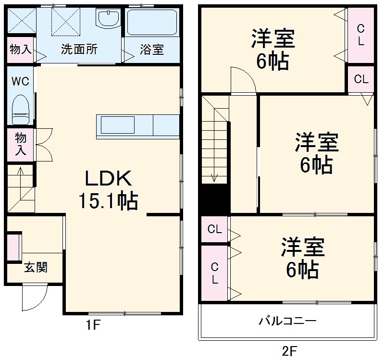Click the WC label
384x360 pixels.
coord(20,81)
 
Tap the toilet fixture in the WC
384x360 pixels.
coord(21,109)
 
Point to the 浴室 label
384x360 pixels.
coord(152,50)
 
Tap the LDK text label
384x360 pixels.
coord(108,179)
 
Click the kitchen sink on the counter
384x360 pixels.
coord(118,126)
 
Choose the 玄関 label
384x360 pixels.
coord(36,268)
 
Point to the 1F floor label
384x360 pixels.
coord(93,325)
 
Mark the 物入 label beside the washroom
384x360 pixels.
coord(21,50)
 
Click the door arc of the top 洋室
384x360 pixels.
coord(243,79)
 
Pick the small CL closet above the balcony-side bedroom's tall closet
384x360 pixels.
coord(215,230)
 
